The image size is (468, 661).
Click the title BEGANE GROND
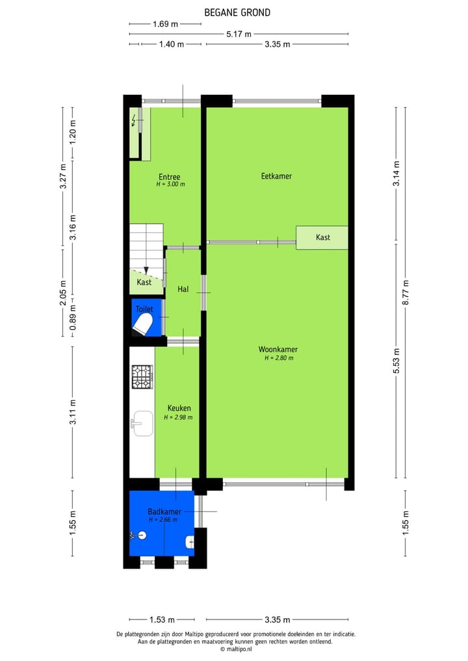tap(237, 12)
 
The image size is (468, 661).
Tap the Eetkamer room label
tap(276, 176)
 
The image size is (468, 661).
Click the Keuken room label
tap(179, 408)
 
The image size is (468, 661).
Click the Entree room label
tap(170, 177)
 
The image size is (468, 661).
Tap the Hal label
tap(183, 289)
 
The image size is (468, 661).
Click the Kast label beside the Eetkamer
tap(323, 237)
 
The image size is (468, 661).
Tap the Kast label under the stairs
tap(144, 282)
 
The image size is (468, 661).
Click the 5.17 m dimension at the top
tap(239, 34)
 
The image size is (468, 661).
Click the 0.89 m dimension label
tap(73, 318)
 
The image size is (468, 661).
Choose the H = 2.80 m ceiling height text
tap(279, 358)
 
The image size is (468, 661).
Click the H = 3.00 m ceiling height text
tap(170, 185)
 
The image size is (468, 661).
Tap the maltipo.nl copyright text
tap(237, 649)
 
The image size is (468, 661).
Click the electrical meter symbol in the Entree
tap(136, 121)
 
